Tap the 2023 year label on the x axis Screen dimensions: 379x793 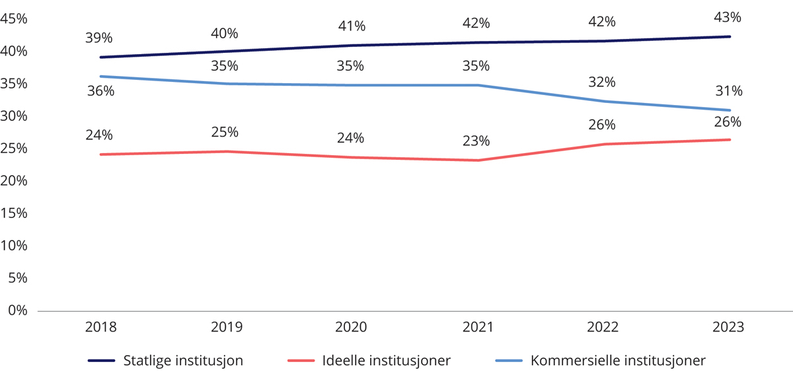730,327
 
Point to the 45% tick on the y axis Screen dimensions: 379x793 14,19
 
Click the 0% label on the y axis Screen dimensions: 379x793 18,310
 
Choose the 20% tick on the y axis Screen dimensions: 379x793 14,181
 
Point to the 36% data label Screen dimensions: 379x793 100,91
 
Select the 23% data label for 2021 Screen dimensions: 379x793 476,141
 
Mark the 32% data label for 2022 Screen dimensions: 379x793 601,83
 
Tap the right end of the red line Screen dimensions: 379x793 730,139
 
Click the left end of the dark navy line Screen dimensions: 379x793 99,57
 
